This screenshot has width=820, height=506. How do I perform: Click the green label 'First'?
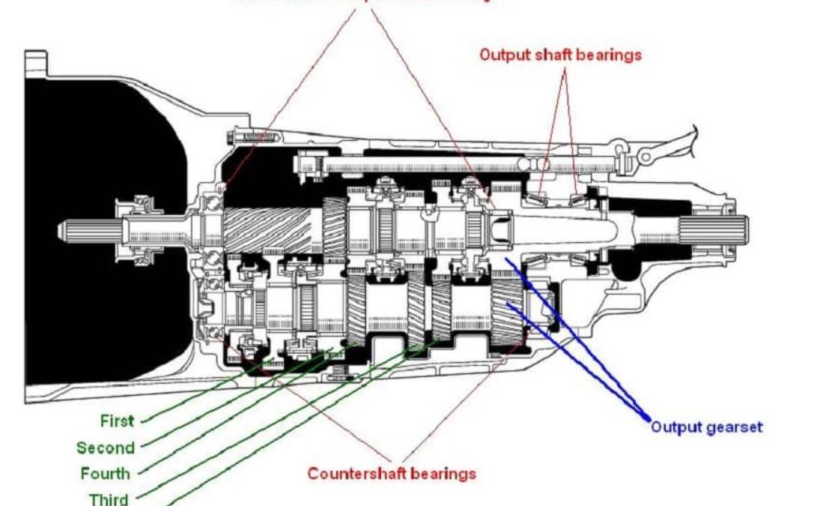[x=117, y=421]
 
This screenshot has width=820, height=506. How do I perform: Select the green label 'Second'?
[x=106, y=448]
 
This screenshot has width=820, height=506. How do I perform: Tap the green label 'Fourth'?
[x=106, y=474]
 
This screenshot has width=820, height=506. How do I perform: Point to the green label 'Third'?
[x=109, y=499]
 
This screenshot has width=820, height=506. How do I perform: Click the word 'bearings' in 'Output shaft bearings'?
[x=610, y=55]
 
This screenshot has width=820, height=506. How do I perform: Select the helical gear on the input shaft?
[x=267, y=229]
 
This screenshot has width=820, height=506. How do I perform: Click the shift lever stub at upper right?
[x=674, y=146]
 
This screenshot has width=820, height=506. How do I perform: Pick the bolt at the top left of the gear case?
[x=251, y=137]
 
